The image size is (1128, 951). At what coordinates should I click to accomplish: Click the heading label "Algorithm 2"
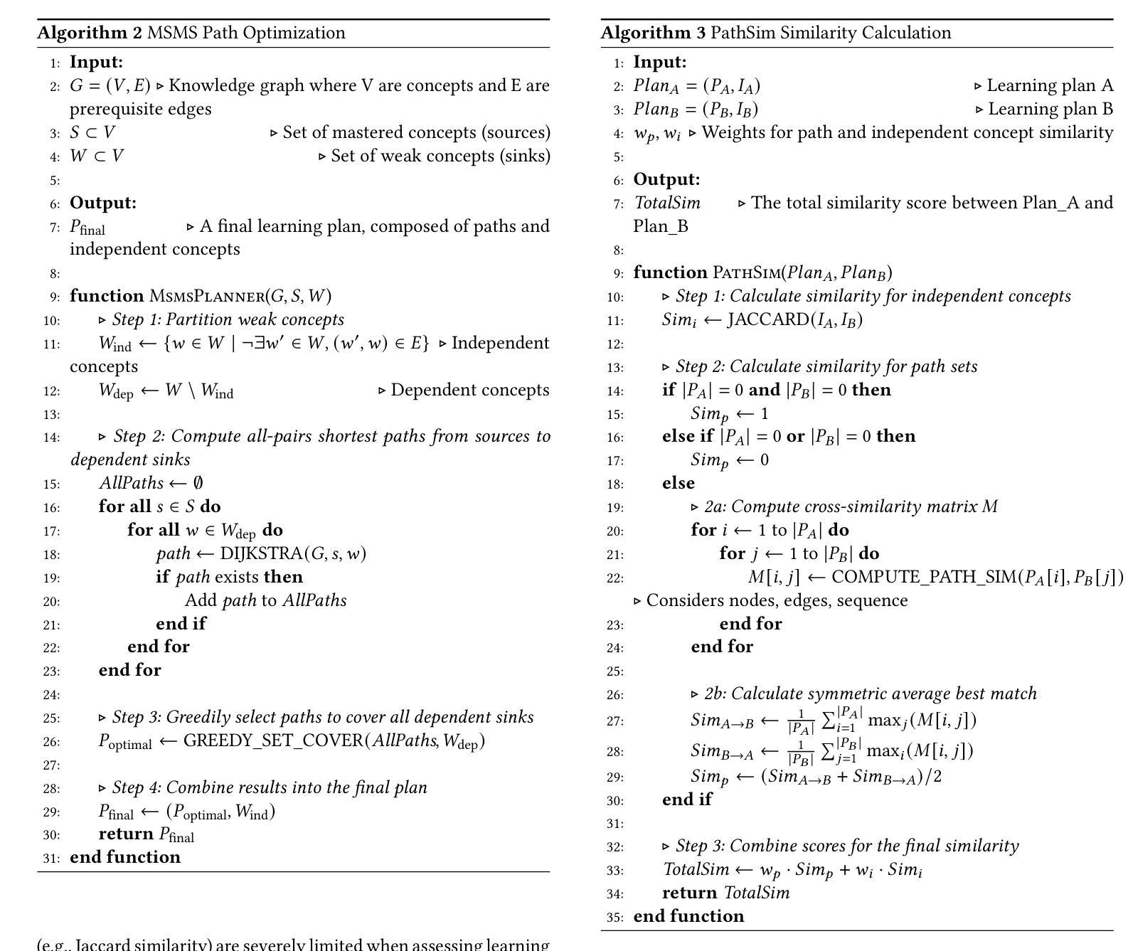(90, 33)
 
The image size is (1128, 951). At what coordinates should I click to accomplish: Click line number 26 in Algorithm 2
(51, 742)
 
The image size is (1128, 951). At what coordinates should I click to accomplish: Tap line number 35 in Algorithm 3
(615, 918)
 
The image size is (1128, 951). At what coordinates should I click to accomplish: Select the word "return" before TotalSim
(689, 893)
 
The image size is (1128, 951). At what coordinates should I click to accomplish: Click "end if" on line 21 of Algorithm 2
(181, 624)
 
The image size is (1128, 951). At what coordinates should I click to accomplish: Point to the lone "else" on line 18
(678, 483)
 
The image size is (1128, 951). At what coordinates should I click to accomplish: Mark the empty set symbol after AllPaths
(198, 483)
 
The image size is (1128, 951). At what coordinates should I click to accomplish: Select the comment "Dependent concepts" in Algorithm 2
(469, 390)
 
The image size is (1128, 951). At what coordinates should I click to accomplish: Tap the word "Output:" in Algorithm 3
(666, 179)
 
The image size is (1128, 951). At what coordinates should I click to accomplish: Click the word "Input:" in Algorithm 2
(96, 62)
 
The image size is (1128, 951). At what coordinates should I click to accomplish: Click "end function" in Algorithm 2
(125, 857)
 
